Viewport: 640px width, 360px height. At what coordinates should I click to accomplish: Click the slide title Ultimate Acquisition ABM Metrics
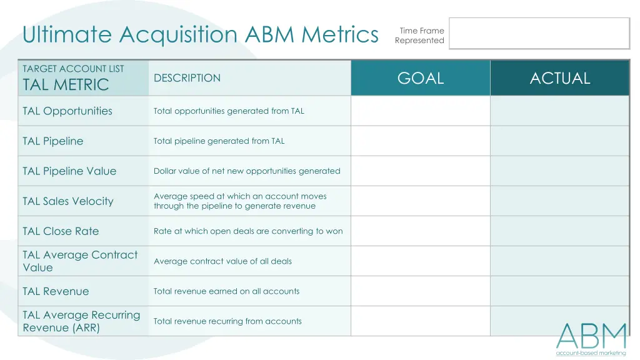click(200, 34)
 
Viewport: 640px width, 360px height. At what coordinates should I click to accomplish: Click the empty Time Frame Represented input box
click(539, 33)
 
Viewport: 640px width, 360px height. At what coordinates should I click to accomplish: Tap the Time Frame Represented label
click(419, 36)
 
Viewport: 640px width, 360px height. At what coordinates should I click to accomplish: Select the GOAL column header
click(421, 78)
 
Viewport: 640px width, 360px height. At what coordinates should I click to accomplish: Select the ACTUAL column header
click(559, 78)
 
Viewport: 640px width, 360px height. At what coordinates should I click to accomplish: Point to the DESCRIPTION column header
click(187, 78)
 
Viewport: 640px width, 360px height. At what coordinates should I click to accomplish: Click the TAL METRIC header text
click(66, 85)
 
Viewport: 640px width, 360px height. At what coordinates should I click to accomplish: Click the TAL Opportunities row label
click(67, 111)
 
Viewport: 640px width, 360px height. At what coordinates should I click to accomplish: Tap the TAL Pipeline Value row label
click(69, 171)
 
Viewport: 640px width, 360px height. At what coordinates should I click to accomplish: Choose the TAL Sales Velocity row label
click(68, 201)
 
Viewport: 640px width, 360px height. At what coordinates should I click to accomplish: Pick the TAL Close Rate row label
click(61, 231)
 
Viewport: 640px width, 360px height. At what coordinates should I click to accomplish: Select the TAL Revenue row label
click(56, 291)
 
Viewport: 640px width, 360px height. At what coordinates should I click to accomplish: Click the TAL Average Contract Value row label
click(80, 261)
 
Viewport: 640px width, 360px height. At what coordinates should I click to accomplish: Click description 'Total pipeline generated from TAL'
click(219, 141)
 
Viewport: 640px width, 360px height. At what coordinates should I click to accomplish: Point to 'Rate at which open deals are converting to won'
click(248, 231)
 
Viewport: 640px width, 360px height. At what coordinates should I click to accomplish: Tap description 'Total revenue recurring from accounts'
click(227, 321)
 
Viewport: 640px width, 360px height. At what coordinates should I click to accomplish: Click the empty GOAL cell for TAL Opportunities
click(421, 111)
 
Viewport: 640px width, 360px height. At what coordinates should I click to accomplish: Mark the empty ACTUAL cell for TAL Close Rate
click(559, 231)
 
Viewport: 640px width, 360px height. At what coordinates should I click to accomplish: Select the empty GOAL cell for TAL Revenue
click(421, 291)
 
